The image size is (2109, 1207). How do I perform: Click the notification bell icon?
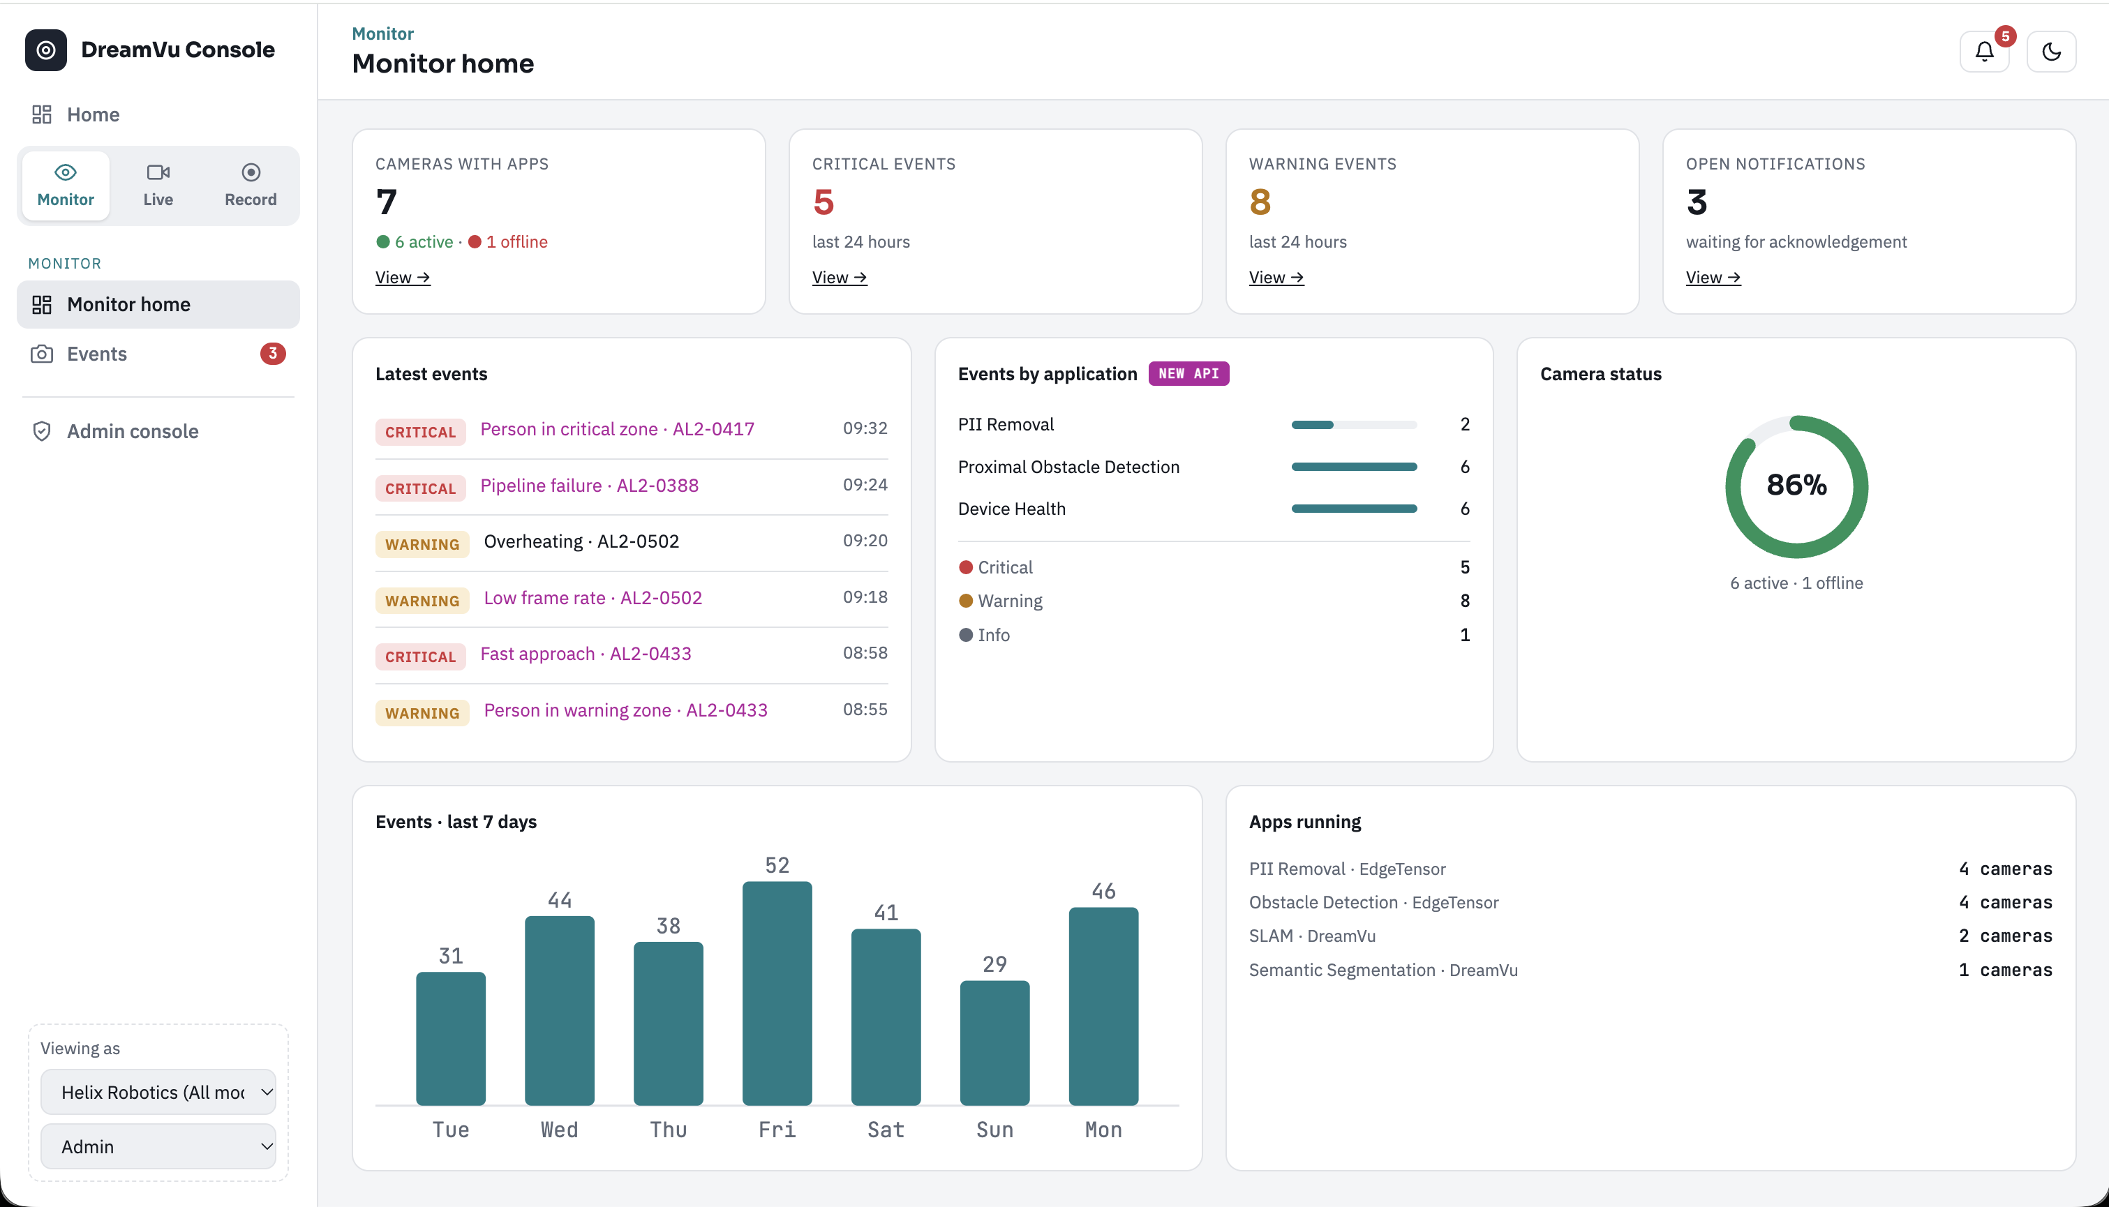click(x=1984, y=52)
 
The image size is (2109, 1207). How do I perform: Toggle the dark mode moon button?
click(x=2051, y=52)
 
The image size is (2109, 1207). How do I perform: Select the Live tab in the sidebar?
click(x=158, y=186)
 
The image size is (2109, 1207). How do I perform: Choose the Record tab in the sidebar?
click(x=251, y=186)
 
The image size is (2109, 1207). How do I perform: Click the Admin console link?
click(x=133, y=431)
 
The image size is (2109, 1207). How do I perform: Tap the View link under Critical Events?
click(x=839, y=278)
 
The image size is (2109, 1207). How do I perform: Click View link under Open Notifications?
click(x=1713, y=278)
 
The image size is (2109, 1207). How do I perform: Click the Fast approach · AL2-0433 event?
click(x=586, y=654)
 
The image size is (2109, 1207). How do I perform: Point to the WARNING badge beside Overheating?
click(x=422, y=543)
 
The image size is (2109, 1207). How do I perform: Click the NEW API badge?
click(x=1188, y=374)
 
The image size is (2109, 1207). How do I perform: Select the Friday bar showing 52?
click(x=777, y=993)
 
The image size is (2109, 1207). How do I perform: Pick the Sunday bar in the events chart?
click(x=994, y=1043)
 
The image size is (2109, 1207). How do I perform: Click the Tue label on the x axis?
click(x=450, y=1130)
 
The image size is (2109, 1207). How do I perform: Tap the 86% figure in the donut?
click(x=1796, y=485)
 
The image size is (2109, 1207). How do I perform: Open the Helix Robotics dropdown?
click(x=158, y=1092)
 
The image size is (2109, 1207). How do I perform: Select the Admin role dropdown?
click(x=158, y=1146)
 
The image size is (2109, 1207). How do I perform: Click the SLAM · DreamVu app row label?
click(x=1311, y=936)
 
